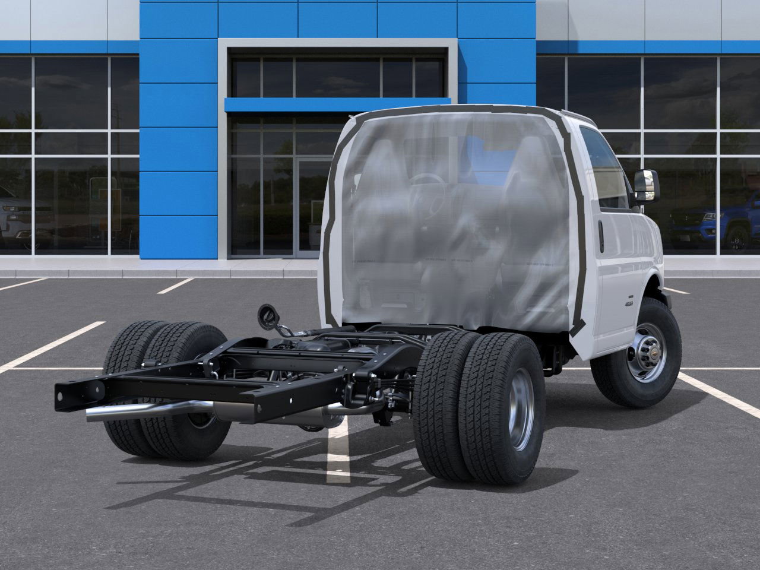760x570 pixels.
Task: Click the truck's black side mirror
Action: point(647,185)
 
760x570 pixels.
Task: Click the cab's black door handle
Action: point(601,236)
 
